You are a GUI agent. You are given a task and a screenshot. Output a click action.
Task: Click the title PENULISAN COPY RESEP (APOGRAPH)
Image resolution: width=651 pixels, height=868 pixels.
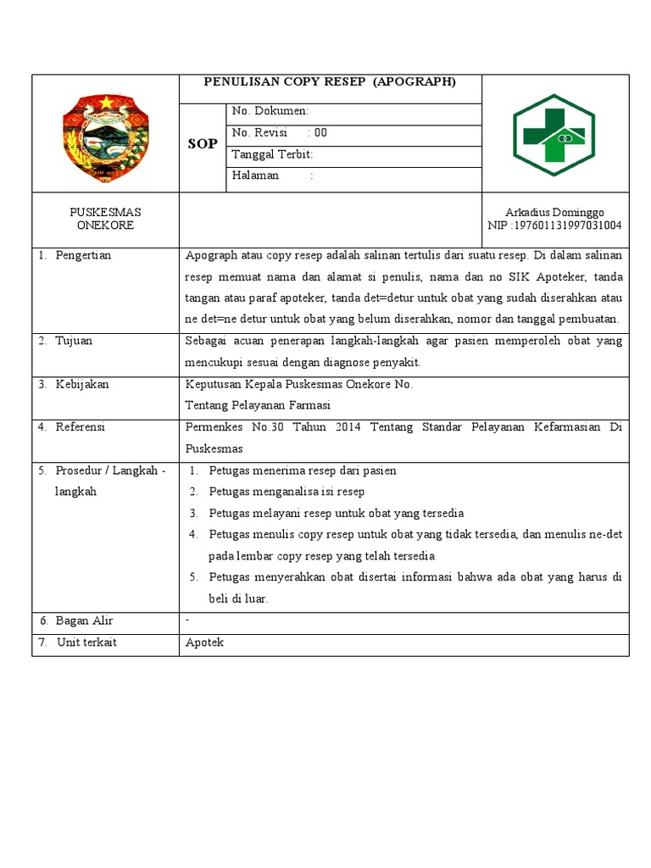click(330, 82)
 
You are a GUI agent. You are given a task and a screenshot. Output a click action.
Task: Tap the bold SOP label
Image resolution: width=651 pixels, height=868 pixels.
click(202, 144)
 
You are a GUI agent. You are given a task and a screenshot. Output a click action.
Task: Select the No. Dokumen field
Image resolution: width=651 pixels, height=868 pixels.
click(270, 111)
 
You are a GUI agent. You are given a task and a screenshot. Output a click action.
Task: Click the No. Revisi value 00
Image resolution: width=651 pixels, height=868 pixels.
click(320, 133)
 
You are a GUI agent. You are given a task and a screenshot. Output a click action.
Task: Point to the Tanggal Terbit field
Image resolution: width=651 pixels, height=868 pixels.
click(272, 154)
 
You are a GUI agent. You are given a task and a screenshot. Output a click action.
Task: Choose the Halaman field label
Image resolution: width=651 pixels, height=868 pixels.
click(255, 175)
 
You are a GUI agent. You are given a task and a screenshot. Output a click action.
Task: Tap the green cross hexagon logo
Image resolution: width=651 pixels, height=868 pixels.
click(554, 134)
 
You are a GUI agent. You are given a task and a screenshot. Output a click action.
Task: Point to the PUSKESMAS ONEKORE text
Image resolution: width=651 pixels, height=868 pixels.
click(105, 219)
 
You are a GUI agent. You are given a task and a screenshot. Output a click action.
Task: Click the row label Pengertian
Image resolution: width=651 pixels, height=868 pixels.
click(83, 255)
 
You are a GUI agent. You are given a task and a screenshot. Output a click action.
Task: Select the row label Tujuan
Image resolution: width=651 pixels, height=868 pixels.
click(74, 341)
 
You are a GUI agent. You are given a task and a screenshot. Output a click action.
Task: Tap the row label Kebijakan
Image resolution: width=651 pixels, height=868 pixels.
click(81, 384)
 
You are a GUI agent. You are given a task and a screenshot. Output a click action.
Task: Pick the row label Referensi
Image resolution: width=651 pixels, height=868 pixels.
click(81, 427)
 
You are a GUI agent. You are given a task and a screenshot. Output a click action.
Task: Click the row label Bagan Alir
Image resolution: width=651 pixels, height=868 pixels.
click(84, 621)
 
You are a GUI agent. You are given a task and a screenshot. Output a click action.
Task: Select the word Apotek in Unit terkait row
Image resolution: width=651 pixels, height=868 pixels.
click(204, 643)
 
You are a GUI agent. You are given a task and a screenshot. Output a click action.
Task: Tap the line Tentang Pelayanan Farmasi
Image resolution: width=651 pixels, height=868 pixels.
click(258, 405)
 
